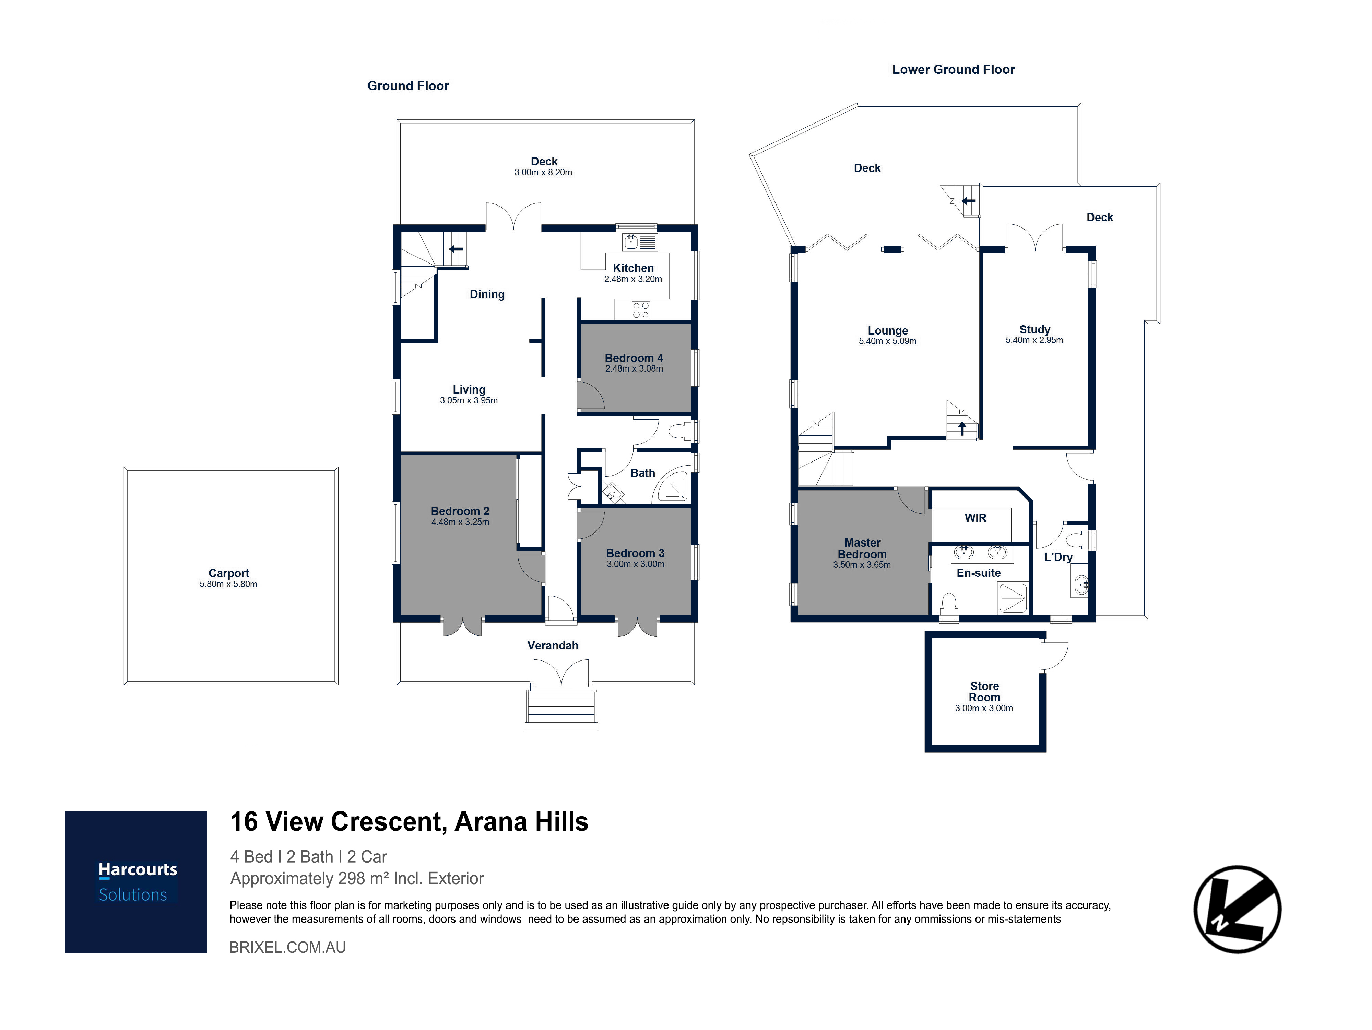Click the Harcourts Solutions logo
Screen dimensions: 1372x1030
coord(136,882)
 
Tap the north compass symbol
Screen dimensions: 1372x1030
coord(1238,909)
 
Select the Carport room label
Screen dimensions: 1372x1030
coord(229,573)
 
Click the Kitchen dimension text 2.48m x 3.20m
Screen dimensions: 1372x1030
coord(633,279)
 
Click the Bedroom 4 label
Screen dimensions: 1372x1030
coord(634,358)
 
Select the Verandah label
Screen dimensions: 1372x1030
coord(553,645)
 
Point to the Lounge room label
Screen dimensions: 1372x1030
coord(888,331)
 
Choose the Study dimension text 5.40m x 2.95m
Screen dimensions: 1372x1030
coord(1034,340)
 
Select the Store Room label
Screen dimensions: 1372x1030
coord(984,691)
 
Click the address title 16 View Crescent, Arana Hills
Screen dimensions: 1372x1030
coord(409,821)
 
